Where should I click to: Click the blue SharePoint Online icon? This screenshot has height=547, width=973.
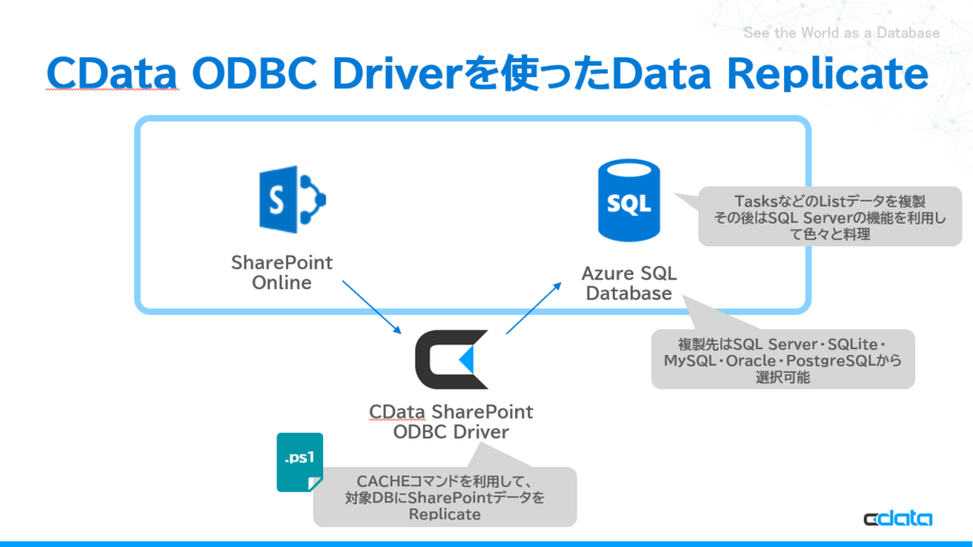(x=292, y=199)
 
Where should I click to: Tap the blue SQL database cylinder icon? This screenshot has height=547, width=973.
(x=628, y=200)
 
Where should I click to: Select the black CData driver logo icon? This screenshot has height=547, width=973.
(x=452, y=360)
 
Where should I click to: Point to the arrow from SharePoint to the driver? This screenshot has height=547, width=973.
(x=372, y=306)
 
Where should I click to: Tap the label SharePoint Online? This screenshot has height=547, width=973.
(x=282, y=272)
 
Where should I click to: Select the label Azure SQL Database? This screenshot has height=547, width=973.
(x=629, y=283)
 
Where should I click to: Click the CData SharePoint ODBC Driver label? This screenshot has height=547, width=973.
(x=451, y=421)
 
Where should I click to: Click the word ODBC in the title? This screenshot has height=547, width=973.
(x=247, y=75)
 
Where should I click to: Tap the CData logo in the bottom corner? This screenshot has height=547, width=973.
(x=897, y=518)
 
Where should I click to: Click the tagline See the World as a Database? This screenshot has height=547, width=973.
(x=841, y=33)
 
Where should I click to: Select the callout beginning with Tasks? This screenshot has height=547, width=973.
(x=830, y=217)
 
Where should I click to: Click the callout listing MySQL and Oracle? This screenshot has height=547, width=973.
(x=782, y=360)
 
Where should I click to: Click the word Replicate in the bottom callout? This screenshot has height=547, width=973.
(x=445, y=515)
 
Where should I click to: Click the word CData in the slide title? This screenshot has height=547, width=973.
(x=113, y=75)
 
